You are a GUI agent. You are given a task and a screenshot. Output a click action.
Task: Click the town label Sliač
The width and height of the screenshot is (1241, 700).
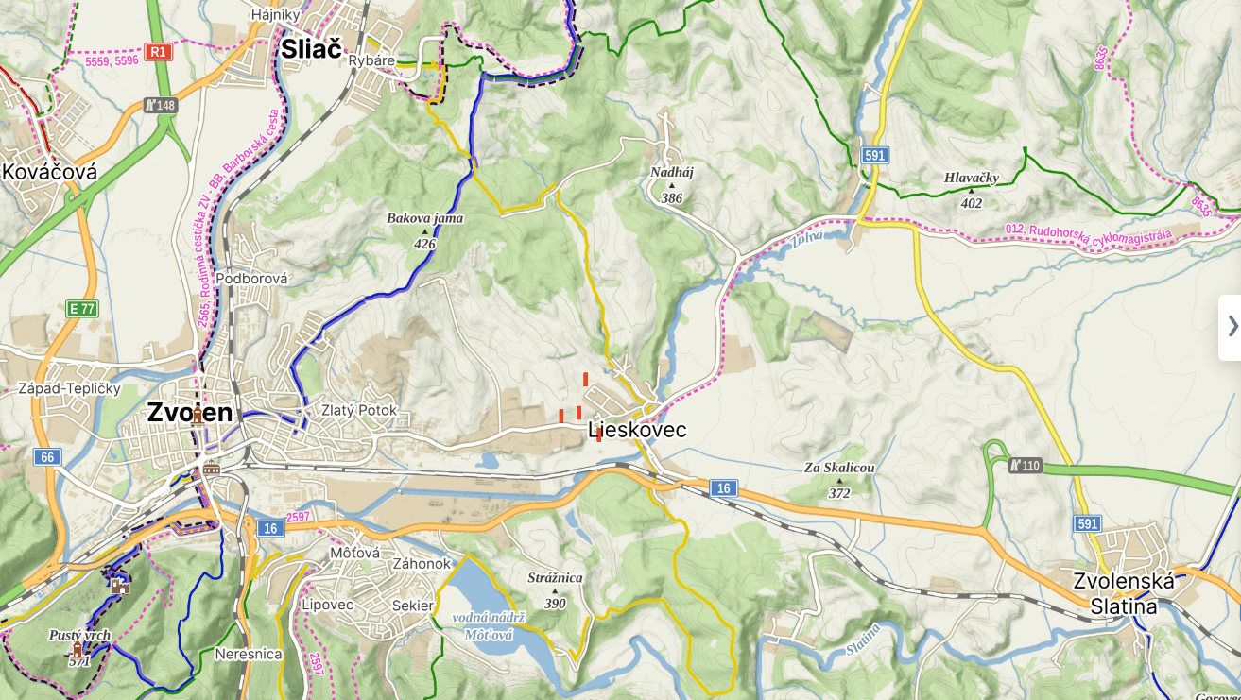click(310, 49)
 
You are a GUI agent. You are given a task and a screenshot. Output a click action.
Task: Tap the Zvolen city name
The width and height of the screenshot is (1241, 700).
click(189, 413)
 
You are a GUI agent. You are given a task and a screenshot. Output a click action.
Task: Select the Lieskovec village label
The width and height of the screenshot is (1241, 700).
click(637, 431)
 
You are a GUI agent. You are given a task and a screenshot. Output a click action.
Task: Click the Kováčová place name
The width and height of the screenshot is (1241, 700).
click(50, 172)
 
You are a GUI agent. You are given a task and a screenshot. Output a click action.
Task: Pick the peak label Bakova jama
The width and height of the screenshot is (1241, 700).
click(424, 219)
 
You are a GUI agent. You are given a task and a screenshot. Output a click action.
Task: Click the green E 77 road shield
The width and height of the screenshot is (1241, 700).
click(81, 309)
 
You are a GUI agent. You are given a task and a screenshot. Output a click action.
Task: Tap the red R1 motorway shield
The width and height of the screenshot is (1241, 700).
click(157, 51)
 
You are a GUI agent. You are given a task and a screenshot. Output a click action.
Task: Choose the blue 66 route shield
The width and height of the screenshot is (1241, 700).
click(46, 457)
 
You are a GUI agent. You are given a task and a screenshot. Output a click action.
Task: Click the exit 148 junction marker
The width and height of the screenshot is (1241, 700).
click(161, 105)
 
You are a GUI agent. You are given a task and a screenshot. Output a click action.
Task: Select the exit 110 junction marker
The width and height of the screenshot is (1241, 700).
click(1025, 465)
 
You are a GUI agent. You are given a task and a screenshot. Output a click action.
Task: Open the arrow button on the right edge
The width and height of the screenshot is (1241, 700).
click(1231, 327)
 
